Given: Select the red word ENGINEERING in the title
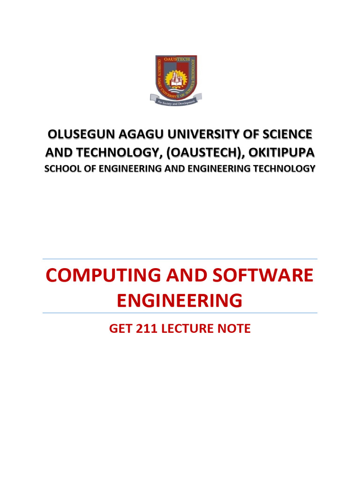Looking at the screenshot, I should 180,300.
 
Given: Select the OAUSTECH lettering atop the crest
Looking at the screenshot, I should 176,60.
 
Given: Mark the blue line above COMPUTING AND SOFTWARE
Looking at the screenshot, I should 180,259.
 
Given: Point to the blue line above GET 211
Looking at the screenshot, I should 180,313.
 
